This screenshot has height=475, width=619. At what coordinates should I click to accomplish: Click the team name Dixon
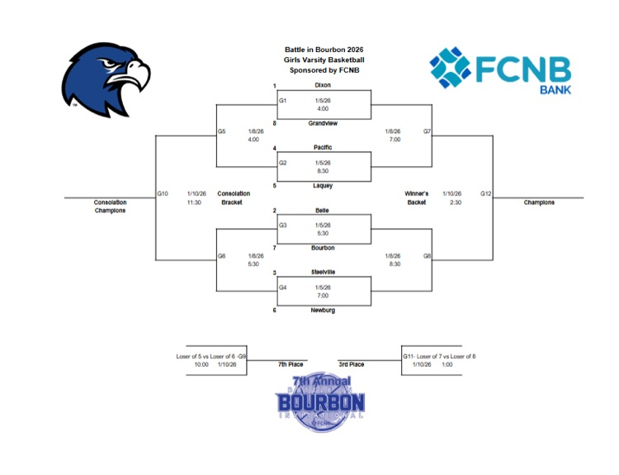323,85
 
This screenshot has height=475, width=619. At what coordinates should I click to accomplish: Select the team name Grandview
323,123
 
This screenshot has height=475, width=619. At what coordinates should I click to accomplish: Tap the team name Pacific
323,148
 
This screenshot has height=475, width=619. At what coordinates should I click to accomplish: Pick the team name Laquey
323,186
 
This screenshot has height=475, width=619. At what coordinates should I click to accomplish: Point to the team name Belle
323,211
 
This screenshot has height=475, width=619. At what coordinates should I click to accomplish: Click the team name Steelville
323,273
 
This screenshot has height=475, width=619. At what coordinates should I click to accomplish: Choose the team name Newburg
323,311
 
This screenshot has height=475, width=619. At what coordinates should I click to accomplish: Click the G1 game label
283,100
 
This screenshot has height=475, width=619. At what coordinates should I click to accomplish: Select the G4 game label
283,287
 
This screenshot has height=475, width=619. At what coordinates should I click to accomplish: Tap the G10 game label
163,193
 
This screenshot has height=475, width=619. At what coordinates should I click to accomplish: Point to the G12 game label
486,193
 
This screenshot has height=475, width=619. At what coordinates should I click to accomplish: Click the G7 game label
427,131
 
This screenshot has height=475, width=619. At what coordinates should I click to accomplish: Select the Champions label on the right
539,202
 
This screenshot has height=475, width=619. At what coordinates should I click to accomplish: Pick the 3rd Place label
352,364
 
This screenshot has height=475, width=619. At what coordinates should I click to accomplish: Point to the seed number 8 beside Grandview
274,123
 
